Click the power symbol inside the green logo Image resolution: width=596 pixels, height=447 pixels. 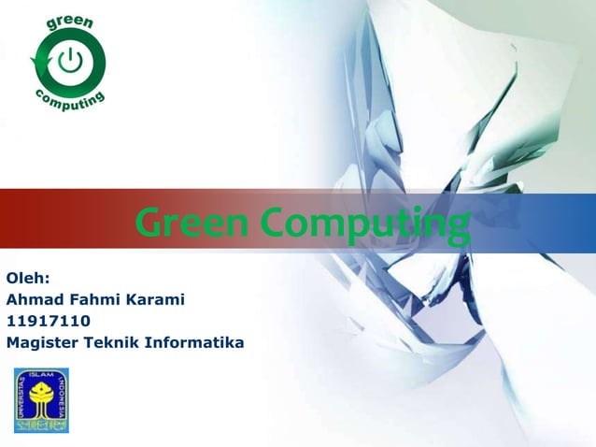pos(70,63)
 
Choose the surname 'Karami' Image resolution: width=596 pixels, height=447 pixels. pos(155,300)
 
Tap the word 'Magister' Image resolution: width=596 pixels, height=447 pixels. pos(41,343)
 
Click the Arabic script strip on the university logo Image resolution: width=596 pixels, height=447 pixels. pos(41,424)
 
